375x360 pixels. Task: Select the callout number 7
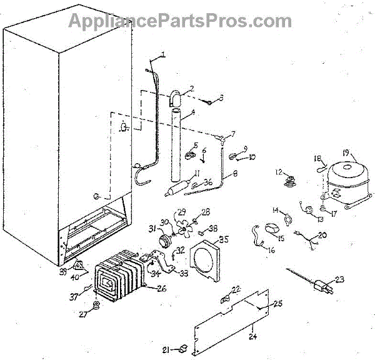tap(232, 134)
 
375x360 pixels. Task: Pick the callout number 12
tap(279, 171)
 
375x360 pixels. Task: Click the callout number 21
tap(165, 349)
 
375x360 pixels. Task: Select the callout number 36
tap(208, 182)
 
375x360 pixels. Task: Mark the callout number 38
tap(212, 227)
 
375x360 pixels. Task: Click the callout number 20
tap(322, 235)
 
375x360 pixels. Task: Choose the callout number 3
tap(221, 98)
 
